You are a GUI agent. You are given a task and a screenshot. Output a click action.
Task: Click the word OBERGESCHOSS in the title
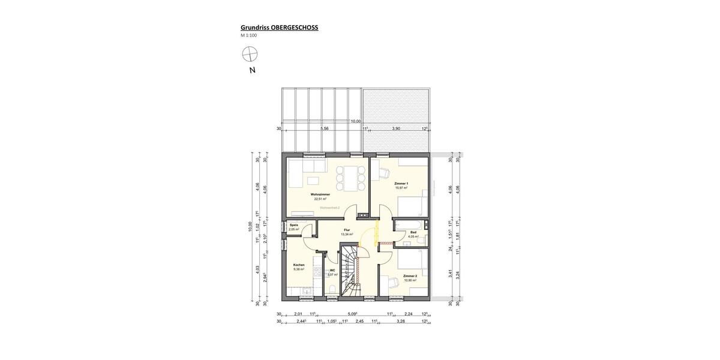pos(293,27)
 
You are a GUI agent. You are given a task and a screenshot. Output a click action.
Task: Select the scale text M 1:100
pos(249,35)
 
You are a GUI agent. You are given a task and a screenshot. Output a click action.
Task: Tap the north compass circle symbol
pos(249,55)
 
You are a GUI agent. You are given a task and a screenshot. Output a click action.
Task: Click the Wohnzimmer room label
pos(320,195)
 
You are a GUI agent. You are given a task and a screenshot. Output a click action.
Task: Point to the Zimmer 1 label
pos(401,183)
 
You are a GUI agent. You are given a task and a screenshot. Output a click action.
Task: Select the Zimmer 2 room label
pos(410,276)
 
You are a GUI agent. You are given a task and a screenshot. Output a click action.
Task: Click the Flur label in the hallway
pos(347,230)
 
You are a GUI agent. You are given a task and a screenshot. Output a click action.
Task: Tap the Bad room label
pos(413,232)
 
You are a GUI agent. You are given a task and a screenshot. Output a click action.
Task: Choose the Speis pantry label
pos(293,225)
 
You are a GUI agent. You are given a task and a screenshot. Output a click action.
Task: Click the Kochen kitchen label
pos(299,265)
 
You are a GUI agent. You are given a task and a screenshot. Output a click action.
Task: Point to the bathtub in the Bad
pos(408,224)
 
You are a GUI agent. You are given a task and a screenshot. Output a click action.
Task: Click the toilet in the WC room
pos(332,290)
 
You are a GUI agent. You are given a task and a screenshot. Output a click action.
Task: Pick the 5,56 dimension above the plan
pos(325,128)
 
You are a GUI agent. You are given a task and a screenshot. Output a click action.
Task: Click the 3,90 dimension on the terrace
pos(396,128)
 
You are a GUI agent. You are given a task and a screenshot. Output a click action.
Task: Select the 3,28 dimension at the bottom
pos(401,322)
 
